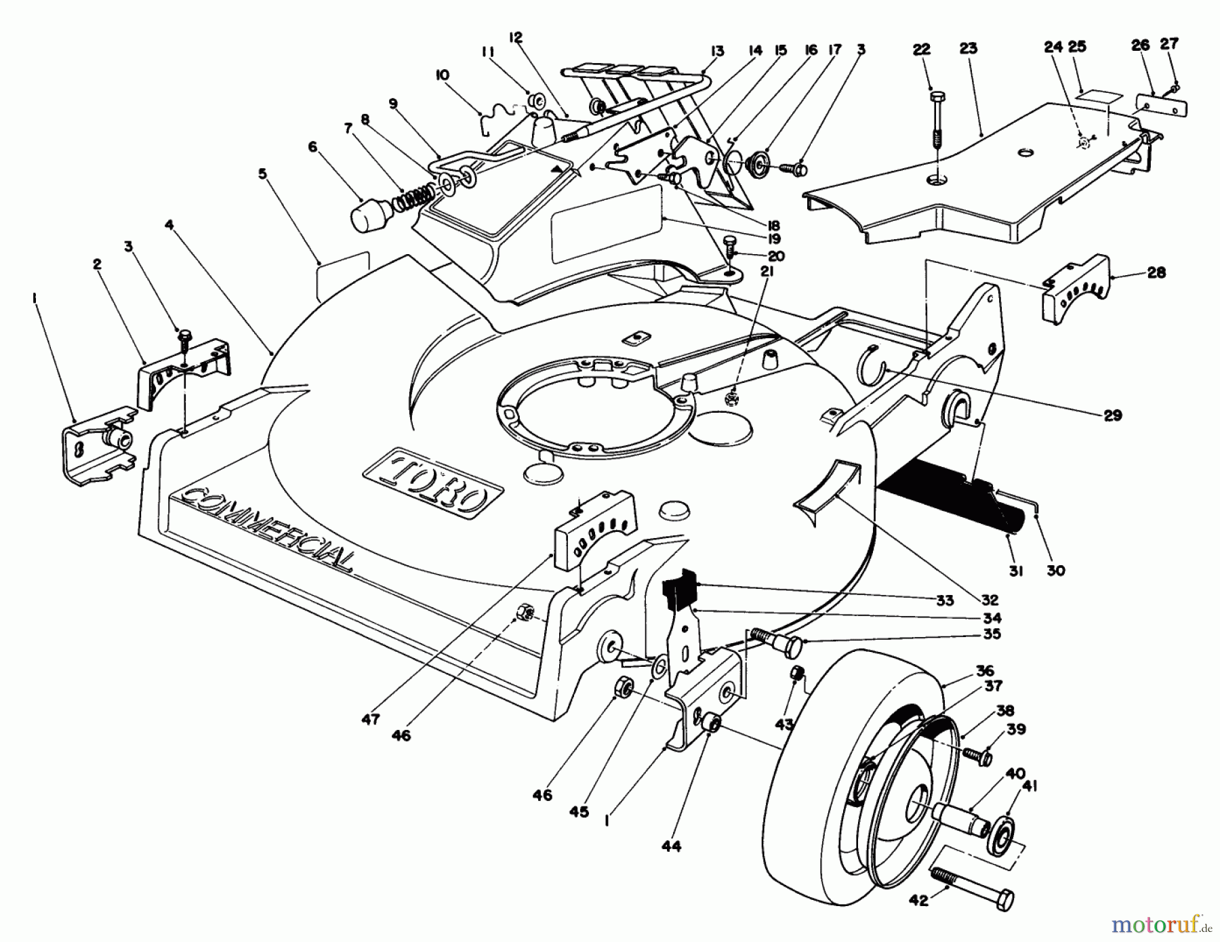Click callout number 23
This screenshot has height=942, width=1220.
coord(969,48)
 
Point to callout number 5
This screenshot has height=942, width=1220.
coord(262,173)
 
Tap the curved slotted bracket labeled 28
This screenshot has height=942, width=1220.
coord(1078,288)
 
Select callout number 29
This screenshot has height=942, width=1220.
coord(1112,415)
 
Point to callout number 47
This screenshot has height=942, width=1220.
coord(370,720)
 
